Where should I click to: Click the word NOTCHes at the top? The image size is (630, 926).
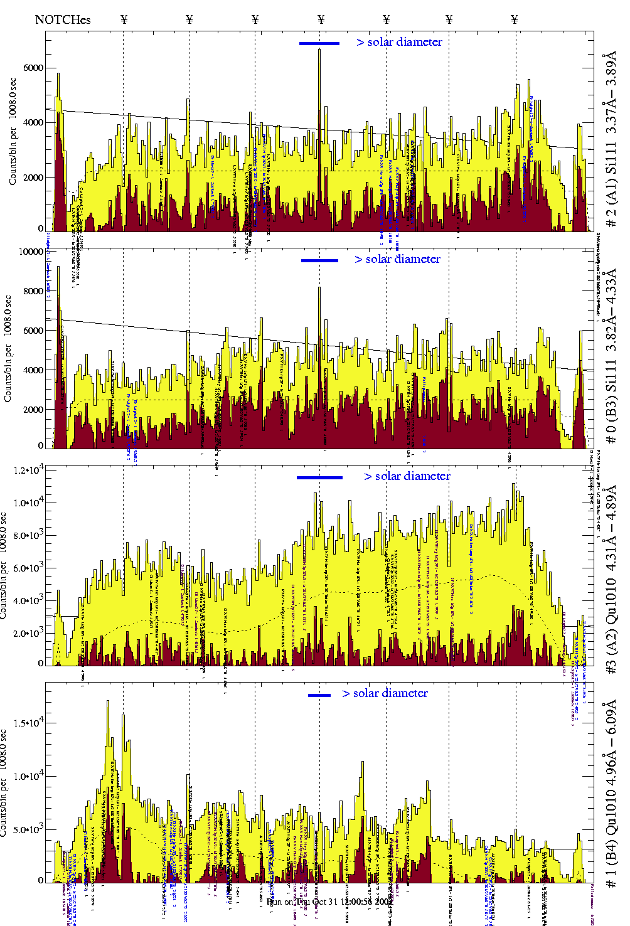click(x=63, y=19)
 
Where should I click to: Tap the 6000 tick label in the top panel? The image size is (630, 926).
click(x=34, y=68)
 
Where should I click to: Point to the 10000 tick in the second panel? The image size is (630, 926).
click(x=31, y=252)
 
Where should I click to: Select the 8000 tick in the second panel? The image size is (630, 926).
click(x=34, y=291)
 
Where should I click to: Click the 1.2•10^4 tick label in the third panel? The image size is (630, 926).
click(x=31, y=470)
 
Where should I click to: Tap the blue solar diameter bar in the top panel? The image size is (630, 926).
click(x=319, y=43)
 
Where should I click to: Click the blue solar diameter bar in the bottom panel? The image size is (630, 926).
click(x=319, y=695)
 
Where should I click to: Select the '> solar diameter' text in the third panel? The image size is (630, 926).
click(x=407, y=476)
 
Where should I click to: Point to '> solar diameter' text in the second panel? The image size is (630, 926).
click(x=398, y=259)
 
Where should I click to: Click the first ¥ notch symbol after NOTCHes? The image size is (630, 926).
click(x=124, y=19)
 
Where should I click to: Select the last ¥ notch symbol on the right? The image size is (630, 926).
click(x=515, y=19)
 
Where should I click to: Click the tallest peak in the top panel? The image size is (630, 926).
click(x=319, y=50)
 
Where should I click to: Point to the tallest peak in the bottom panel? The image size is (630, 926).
click(x=108, y=702)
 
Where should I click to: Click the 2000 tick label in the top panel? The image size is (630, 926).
click(x=34, y=178)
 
